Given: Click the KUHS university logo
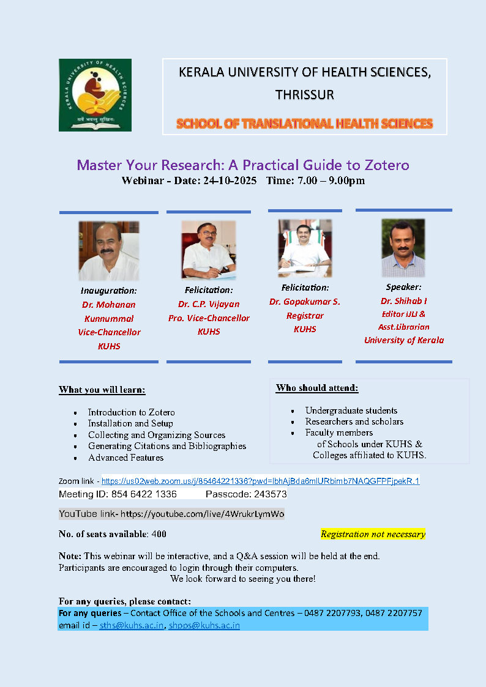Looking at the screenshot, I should [95, 95].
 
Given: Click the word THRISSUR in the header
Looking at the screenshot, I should [304, 95].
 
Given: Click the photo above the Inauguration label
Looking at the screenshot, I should [108, 251].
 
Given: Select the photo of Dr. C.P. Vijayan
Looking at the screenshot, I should [208, 250].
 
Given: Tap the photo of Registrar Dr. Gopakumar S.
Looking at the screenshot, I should [305, 248].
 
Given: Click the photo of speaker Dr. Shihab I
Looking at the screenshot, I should [403, 248].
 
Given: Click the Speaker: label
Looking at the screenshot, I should [403, 287].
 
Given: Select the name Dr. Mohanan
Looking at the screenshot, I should [109, 305].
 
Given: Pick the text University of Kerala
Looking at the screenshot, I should [404, 340].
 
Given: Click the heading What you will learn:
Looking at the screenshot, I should [102, 390].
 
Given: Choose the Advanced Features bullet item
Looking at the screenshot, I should [125, 458].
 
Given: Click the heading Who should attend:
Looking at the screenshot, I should [317, 388].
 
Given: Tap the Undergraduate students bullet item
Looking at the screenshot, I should [351, 410].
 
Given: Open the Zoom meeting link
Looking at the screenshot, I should [260, 481].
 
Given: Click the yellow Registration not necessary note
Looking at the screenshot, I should [373, 534].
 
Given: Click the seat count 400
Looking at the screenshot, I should [159, 534].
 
